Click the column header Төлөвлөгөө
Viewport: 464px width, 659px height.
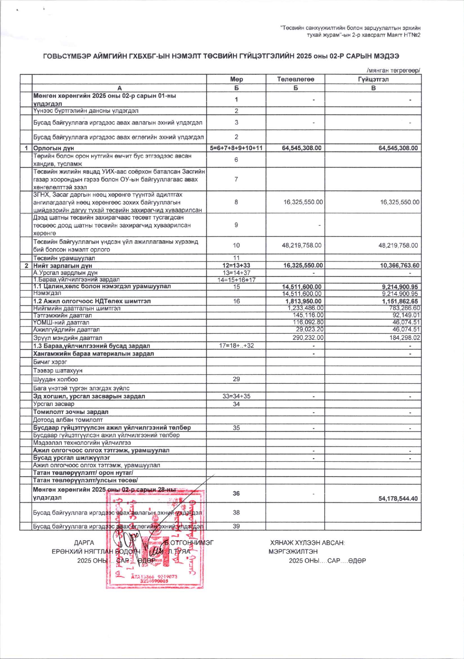295,79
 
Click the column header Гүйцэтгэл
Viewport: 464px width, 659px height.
373,79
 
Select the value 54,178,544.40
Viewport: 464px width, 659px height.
398,499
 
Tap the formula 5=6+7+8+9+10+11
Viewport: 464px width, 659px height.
236,148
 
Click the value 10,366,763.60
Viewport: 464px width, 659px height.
398,265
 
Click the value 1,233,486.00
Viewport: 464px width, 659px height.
305,308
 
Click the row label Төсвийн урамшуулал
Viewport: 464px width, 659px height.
64,258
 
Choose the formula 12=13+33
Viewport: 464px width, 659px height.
236,265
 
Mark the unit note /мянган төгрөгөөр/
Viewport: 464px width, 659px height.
393,70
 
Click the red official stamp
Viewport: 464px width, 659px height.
155,538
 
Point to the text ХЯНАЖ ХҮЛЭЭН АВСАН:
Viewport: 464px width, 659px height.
307,543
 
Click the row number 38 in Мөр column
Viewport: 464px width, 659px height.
236,512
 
